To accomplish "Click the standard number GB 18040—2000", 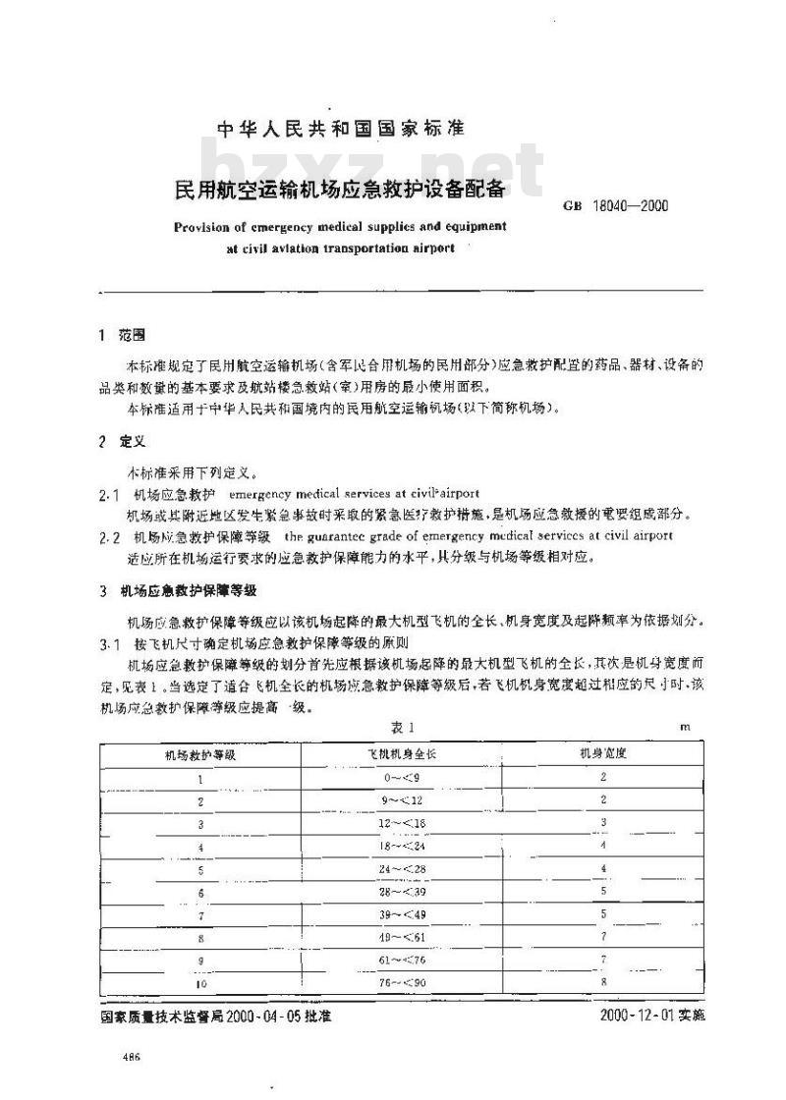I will (616, 206).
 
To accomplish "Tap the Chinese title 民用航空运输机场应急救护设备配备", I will (340, 188).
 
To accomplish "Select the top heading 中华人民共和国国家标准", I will (340, 129).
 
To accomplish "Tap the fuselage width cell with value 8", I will (603, 981).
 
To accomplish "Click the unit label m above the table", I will (686, 728).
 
